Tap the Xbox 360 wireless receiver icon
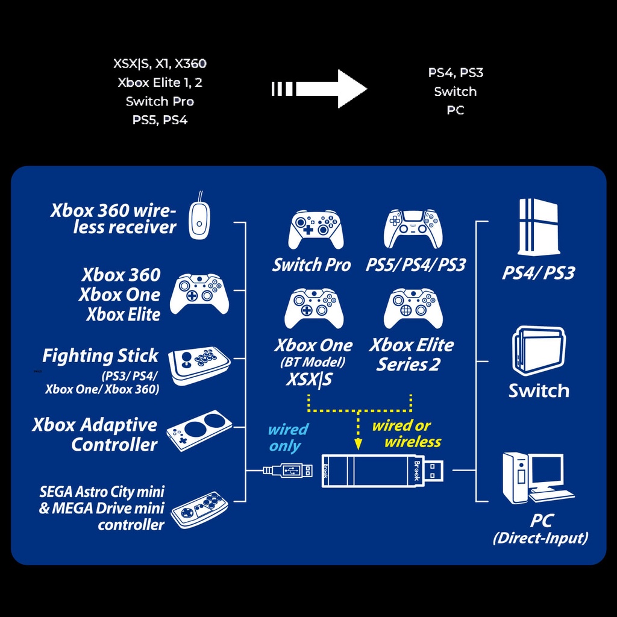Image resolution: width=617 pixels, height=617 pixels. tap(199, 219)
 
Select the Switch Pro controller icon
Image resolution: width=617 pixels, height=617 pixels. tap(316, 230)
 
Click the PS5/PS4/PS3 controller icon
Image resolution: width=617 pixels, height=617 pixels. tap(413, 229)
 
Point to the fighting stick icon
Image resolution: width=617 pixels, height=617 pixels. tap(199, 365)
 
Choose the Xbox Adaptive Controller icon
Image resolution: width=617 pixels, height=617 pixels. tap(199, 431)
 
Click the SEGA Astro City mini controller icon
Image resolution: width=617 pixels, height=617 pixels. tap(199, 509)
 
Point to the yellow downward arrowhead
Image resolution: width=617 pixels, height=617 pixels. tap(359, 443)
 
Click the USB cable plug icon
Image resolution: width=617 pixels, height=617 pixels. tap(289, 470)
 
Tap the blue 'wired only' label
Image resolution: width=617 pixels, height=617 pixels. tap(287, 437)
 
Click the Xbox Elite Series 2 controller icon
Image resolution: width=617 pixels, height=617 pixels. tap(413, 308)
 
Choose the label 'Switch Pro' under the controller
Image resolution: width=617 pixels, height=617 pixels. tap(312, 265)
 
